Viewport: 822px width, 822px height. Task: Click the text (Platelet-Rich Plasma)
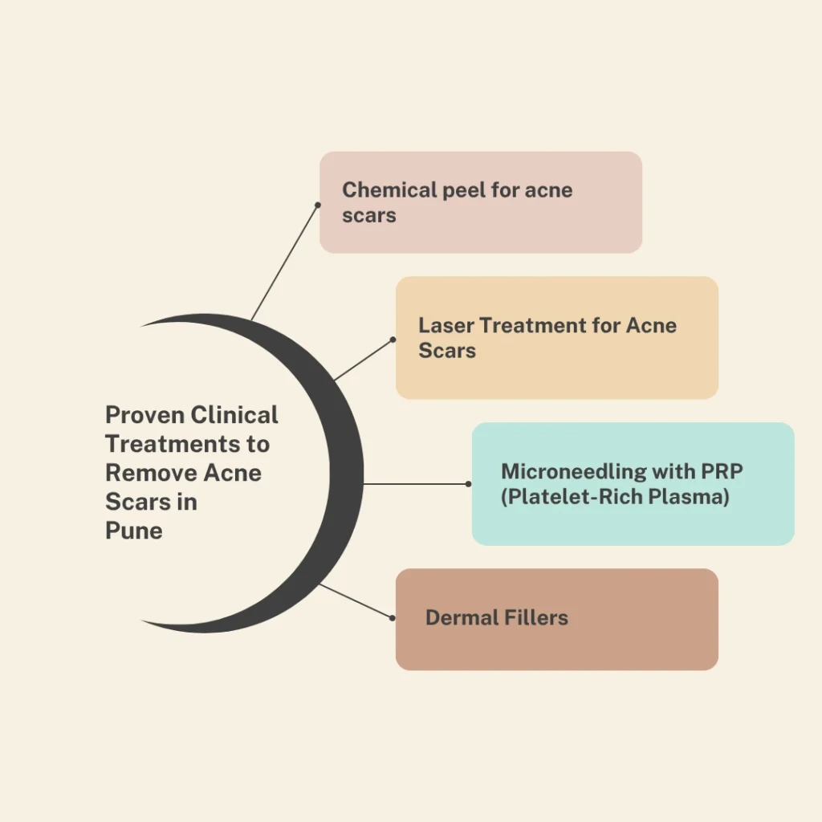point(615,497)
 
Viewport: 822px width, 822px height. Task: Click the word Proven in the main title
point(145,415)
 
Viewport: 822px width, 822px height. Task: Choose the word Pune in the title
point(133,531)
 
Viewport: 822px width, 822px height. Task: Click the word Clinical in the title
point(235,415)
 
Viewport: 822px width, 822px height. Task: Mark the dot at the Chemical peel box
point(317,205)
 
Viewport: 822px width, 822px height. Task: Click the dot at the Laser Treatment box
point(393,340)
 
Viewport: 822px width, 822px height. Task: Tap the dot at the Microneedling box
point(469,484)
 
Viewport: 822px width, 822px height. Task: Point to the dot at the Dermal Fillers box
point(393,618)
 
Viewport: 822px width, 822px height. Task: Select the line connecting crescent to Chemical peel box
point(284,262)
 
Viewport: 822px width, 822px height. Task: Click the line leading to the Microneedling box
point(416,484)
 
